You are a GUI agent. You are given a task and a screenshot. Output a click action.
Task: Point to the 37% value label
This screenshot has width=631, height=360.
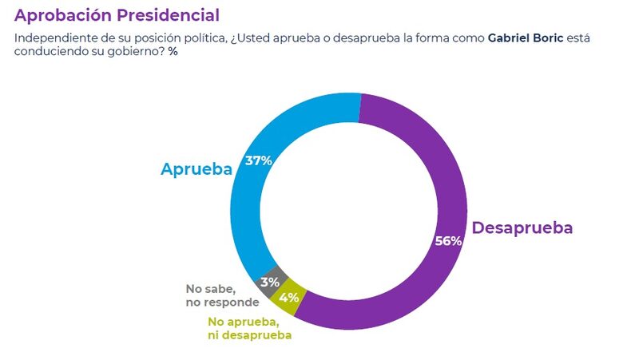pos(259,160)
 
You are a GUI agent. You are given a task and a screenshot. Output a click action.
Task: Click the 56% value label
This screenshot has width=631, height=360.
pos(448,241)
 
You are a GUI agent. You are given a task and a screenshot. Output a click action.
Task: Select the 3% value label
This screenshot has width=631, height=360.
pos(268,282)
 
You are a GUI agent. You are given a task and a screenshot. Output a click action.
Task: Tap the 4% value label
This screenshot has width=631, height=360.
pos(288,298)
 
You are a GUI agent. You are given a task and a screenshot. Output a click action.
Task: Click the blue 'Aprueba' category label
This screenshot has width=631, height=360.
pos(196,169)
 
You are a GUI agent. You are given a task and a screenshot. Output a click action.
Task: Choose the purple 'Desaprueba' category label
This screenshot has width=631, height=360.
pos(522,227)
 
